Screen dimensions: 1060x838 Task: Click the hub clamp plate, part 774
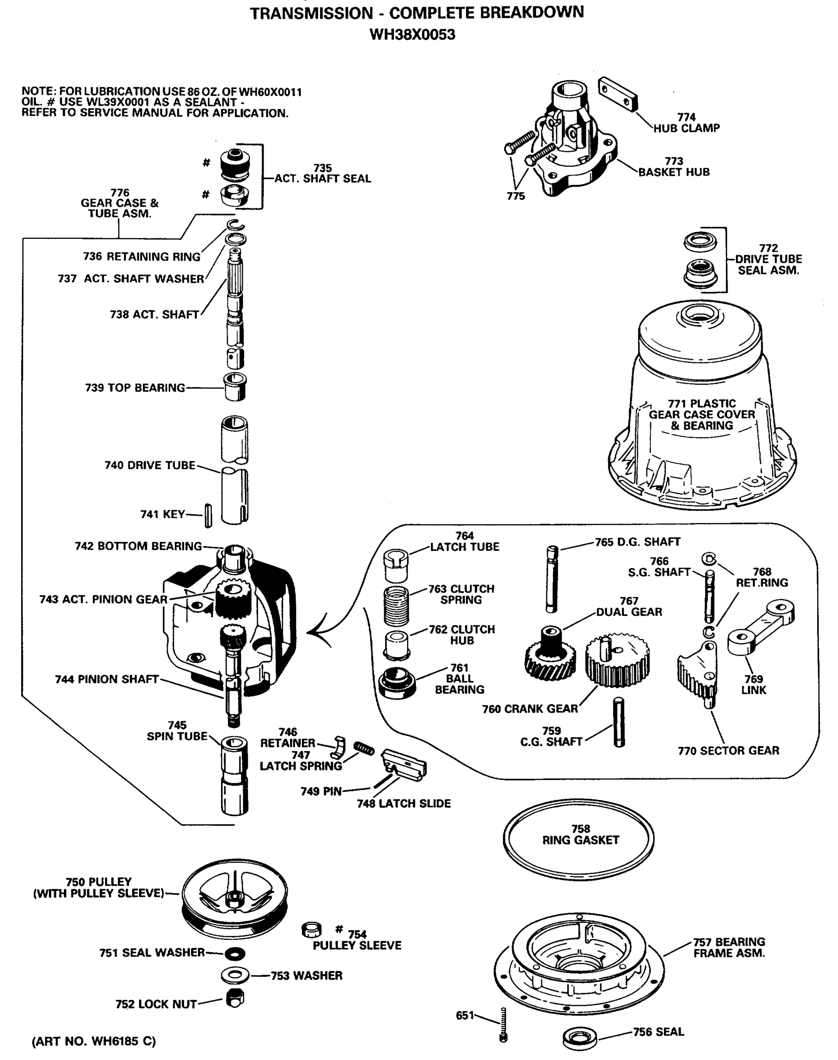pos(618,93)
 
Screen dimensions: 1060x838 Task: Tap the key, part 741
pos(208,516)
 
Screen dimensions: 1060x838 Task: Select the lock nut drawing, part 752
pos(235,998)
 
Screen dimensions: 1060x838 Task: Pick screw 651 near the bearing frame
pos(503,1024)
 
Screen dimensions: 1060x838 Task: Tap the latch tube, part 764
pos(396,565)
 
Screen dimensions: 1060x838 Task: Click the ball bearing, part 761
pos(397,682)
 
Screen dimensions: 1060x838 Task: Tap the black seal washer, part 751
pos(235,954)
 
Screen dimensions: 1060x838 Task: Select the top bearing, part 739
pos(235,387)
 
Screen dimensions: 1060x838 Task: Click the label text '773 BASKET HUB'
pos(674,167)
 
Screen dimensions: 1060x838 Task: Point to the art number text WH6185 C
pos(93,1041)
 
